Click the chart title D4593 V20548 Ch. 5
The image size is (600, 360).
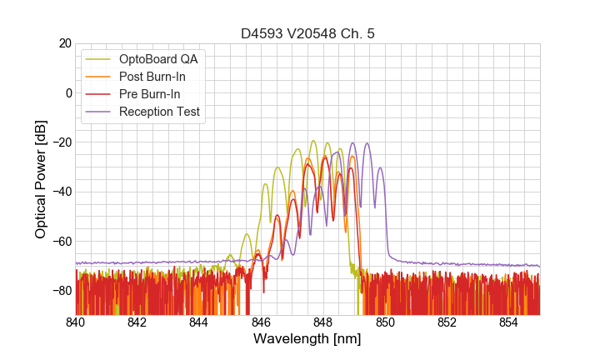point(307,34)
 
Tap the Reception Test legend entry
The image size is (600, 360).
point(160,112)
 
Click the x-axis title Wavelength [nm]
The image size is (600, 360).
point(307,340)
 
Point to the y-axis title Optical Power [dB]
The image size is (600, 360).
point(41,178)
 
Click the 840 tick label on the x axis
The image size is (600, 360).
point(76,323)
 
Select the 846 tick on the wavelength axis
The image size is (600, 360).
point(261,323)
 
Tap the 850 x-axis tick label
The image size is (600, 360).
point(385,323)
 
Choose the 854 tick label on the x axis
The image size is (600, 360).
point(508,323)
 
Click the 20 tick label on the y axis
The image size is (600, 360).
point(64,43)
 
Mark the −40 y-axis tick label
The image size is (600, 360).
point(61,192)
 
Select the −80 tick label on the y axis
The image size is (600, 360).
point(61,291)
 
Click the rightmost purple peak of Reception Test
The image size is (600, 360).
point(380,168)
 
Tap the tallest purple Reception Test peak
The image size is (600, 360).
point(366,143)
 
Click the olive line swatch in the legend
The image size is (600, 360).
point(99,59)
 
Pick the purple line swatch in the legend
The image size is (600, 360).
point(99,112)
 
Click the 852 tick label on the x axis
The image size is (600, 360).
point(447,323)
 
